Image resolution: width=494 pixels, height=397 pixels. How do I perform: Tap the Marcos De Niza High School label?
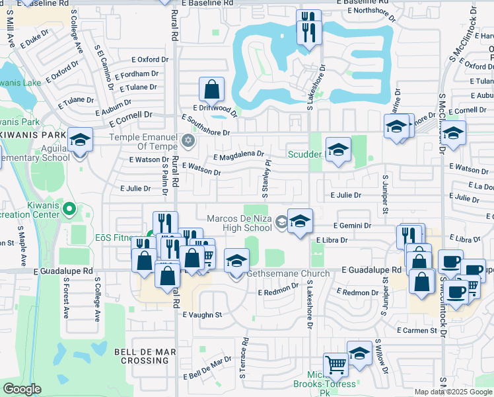tap(239, 223)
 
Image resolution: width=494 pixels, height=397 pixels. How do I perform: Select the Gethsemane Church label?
tap(288, 274)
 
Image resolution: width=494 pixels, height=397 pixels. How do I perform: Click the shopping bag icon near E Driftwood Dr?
tap(211, 89)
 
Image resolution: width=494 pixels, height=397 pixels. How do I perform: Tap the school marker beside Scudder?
tap(338, 150)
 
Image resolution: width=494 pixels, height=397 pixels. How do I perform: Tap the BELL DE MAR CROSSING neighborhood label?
tap(141, 356)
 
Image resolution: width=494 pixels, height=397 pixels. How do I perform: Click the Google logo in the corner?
tap(22, 389)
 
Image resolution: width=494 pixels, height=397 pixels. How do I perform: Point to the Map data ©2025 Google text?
tap(454, 392)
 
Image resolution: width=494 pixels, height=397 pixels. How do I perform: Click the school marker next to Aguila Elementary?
tap(80, 141)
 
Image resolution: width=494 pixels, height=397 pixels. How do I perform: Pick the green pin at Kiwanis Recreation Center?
tap(71, 210)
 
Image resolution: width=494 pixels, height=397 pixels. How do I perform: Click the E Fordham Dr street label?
tap(136, 75)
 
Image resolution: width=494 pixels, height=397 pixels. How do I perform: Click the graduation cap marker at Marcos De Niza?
tap(300, 222)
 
